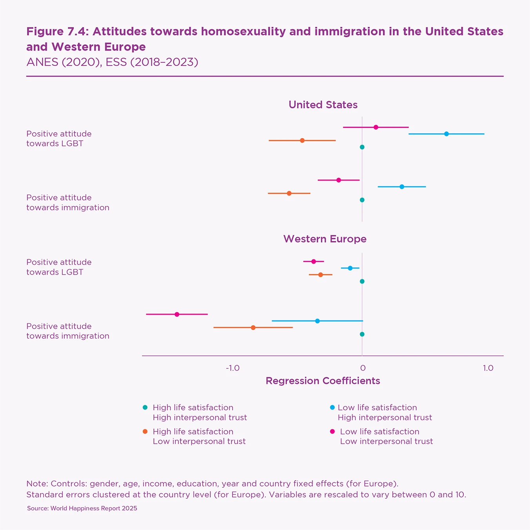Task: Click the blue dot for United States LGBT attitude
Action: point(446,134)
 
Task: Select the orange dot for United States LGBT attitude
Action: point(302,140)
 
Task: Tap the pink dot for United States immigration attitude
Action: point(339,180)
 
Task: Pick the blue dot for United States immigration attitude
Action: point(402,187)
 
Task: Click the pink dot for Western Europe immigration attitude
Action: point(177,314)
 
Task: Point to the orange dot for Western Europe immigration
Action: point(253,328)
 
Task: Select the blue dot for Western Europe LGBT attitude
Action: point(350,268)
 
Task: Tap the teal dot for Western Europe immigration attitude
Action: point(362,334)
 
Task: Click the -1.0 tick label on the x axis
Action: point(233,368)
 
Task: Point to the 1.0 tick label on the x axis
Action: point(488,368)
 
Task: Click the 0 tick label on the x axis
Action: point(362,368)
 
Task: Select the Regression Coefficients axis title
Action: point(323,381)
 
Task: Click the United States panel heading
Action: point(323,105)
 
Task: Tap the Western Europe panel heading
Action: point(325,239)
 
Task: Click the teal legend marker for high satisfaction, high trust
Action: point(145,408)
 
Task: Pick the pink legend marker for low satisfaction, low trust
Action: point(332,432)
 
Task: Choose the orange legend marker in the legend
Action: point(145,432)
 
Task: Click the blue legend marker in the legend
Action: point(332,408)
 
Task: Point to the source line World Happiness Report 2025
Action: point(82,508)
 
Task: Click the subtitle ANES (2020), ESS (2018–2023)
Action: point(112,62)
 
